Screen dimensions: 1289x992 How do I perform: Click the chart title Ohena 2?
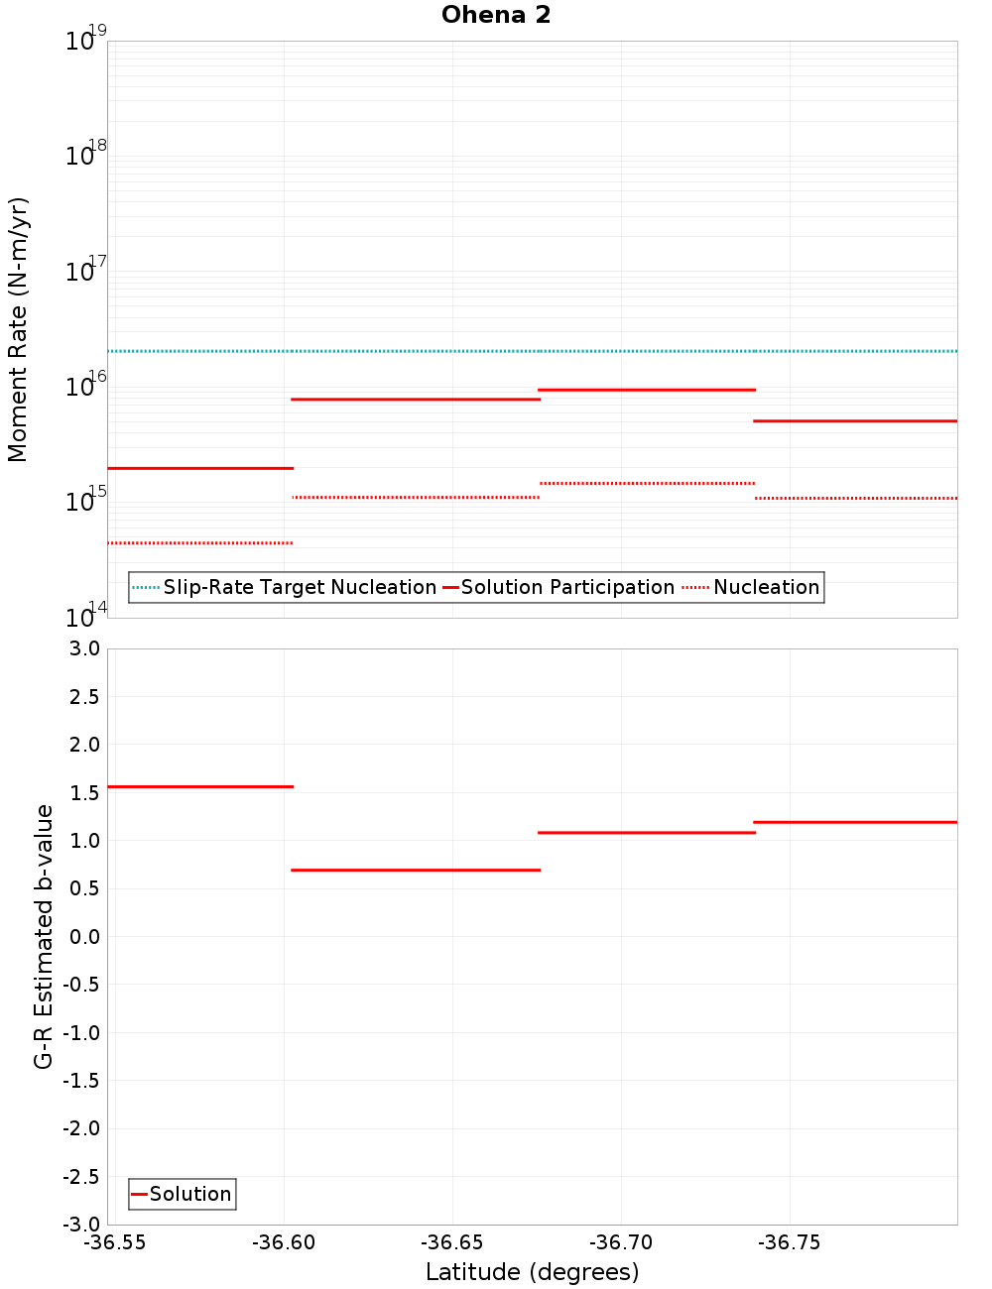pyautogui.click(x=496, y=15)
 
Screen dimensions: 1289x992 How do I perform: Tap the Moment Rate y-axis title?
pyautogui.click(x=18, y=329)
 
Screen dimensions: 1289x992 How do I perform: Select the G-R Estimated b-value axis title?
pyautogui.click(x=44, y=936)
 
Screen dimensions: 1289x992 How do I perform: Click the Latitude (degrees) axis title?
pyautogui.click(x=532, y=1272)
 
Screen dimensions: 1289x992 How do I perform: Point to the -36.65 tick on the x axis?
pyautogui.click(x=452, y=1242)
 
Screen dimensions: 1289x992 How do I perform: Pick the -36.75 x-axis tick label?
pyautogui.click(x=789, y=1242)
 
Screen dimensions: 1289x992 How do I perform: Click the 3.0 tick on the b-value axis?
pyautogui.click(x=83, y=648)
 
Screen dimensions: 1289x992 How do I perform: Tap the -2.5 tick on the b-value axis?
pyautogui.click(x=80, y=1177)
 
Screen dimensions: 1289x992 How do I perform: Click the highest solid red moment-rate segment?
pyautogui.click(x=647, y=390)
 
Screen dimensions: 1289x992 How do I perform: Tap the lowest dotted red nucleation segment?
pyautogui.click(x=199, y=542)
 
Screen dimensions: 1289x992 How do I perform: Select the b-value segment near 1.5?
pyautogui.click(x=199, y=786)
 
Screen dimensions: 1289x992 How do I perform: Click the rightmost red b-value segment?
pyautogui.click(x=855, y=822)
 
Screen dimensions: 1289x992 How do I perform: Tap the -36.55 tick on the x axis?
pyautogui.click(x=115, y=1242)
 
